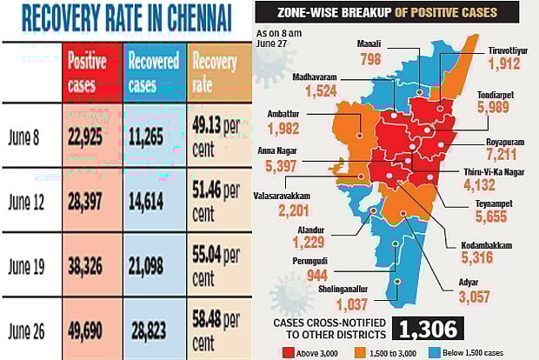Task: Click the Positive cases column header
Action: [x=87, y=74]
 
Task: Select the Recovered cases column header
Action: [x=154, y=74]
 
